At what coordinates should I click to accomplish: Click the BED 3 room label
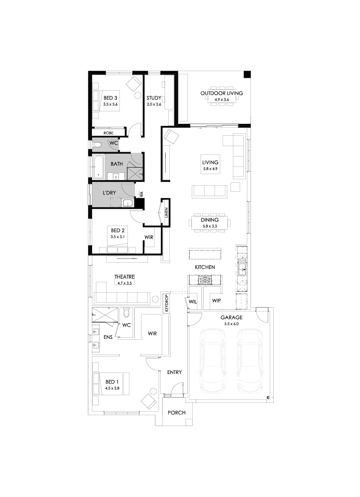pyautogui.click(x=110, y=98)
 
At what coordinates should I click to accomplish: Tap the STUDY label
pyautogui.click(x=154, y=98)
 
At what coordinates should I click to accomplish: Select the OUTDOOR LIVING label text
pyautogui.click(x=221, y=93)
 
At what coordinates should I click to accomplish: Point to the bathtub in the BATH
pyautogui.click(x=98, y=166)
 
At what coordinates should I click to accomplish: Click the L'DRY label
pyautogui.click(x=109, y=193)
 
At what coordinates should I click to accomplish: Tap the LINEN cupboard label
pyautogui.click(x=166, y=213)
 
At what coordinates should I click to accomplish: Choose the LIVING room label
pyautogui.click(x=210, y=162)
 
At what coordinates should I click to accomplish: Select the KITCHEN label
pyautogui.click(x=205, y=267)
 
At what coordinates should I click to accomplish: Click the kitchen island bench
pyautogui.click(x=205, y=254)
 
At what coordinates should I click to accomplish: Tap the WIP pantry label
pyautogui.click(x=216, y=301)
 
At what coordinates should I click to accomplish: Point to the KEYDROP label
pyautogui.click(x=166, y=304)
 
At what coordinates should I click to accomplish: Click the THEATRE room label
pyautogui.click(x=124, y=277)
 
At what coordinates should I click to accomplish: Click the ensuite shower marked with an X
pyautogui.click(x=105, y=315)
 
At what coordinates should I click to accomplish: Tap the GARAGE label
pyautogui.click(x=231, y=318)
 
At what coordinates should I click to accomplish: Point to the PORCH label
pyautogui.click(x=177, y=412)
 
